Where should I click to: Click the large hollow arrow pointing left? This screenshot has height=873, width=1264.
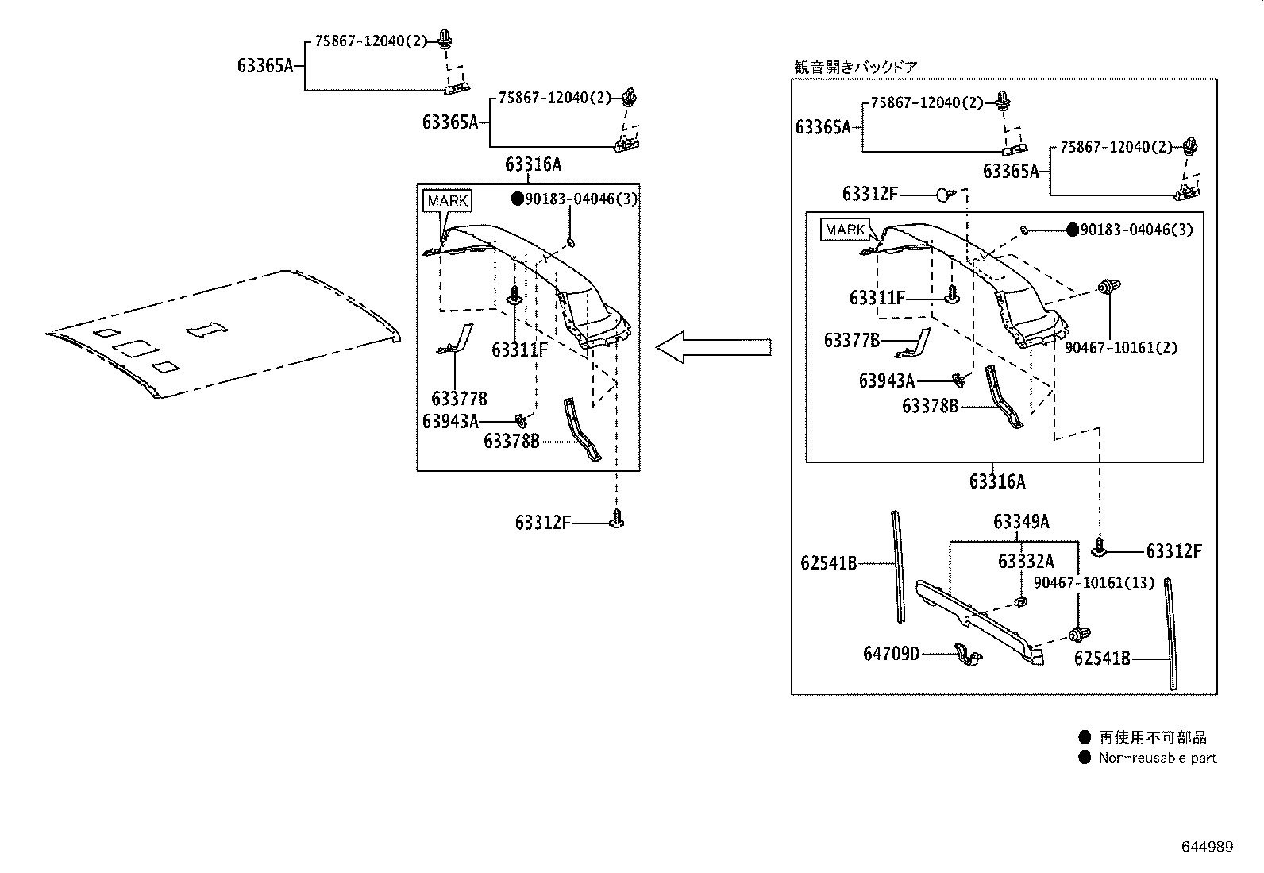coord(712,347)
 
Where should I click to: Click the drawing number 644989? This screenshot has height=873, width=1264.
coord(1207,847)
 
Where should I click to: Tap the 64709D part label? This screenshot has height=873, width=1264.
coord(891,654)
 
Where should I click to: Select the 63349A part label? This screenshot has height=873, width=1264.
coord(1021,522)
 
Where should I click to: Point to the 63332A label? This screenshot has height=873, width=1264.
coord(1026,562)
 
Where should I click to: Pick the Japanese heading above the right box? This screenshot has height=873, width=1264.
coord(856,68)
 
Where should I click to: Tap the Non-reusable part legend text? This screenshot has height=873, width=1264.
coord(1157,758)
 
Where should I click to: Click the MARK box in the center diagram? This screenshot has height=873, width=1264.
coord(447,201)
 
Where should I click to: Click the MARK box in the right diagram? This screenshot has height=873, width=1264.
coord(845,230)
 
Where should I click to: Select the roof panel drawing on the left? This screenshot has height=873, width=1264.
coord(222,334)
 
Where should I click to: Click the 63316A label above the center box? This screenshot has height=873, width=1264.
coord(533,164)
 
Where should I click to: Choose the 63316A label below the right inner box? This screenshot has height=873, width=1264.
coord(996,481)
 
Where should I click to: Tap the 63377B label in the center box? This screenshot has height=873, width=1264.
coord(459,398)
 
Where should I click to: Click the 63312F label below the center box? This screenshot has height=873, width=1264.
coord(542,523)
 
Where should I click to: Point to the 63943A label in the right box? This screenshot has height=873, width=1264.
coord(886,381)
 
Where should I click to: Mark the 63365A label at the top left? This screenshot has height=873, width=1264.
coord(265,66)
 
